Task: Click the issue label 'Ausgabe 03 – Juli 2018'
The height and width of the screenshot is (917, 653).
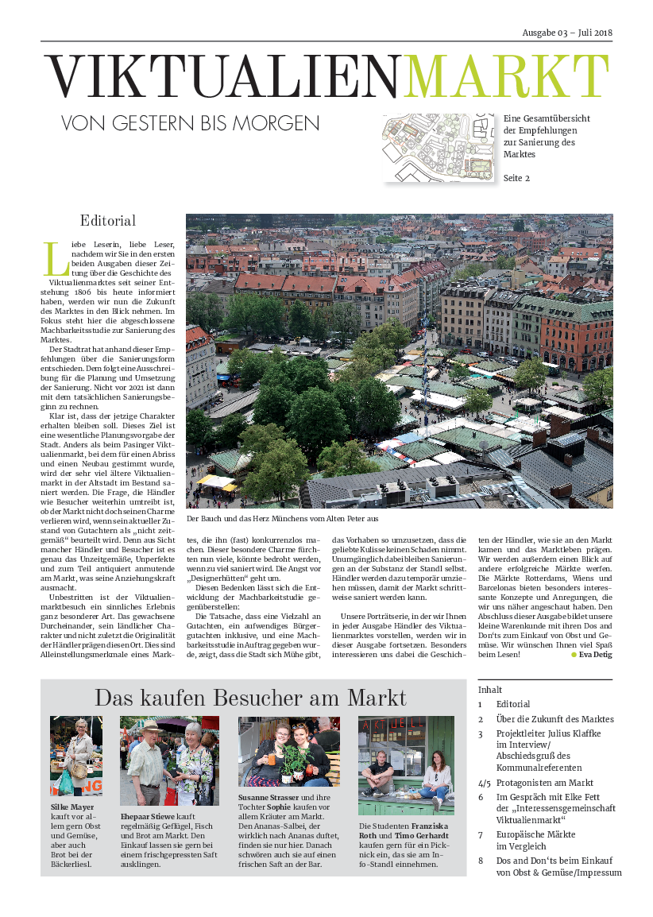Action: pyautogui.click(x=567, y=33)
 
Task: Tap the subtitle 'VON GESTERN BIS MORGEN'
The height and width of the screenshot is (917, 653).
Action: pyautogui.click(x=191, y=123)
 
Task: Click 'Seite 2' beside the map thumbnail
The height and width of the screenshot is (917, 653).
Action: pyautogui.click(x=516, y=178)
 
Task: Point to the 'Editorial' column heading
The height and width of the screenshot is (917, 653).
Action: pyautogui.click(x=108, y=221)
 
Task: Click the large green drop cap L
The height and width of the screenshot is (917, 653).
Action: pyautogui.click(x=52, y=258)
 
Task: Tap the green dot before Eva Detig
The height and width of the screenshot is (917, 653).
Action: pyautogui.click(x=574, y=655)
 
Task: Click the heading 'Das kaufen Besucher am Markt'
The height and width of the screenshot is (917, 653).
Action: pyautogui.click(x=250, y=698)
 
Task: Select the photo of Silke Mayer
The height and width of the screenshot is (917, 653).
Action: pyautogui.click(x=76, y=756)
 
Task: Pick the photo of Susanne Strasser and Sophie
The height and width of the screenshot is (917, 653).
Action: pyautogui.click(x=289, y=752)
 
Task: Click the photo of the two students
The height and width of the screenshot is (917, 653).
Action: pyautogui.click(x=406, y=765)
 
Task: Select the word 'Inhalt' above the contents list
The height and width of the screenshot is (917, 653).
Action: pyautogui.click(x=490, y=690)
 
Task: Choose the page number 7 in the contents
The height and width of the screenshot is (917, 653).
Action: pyautogui.click(x=481, y=835)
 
